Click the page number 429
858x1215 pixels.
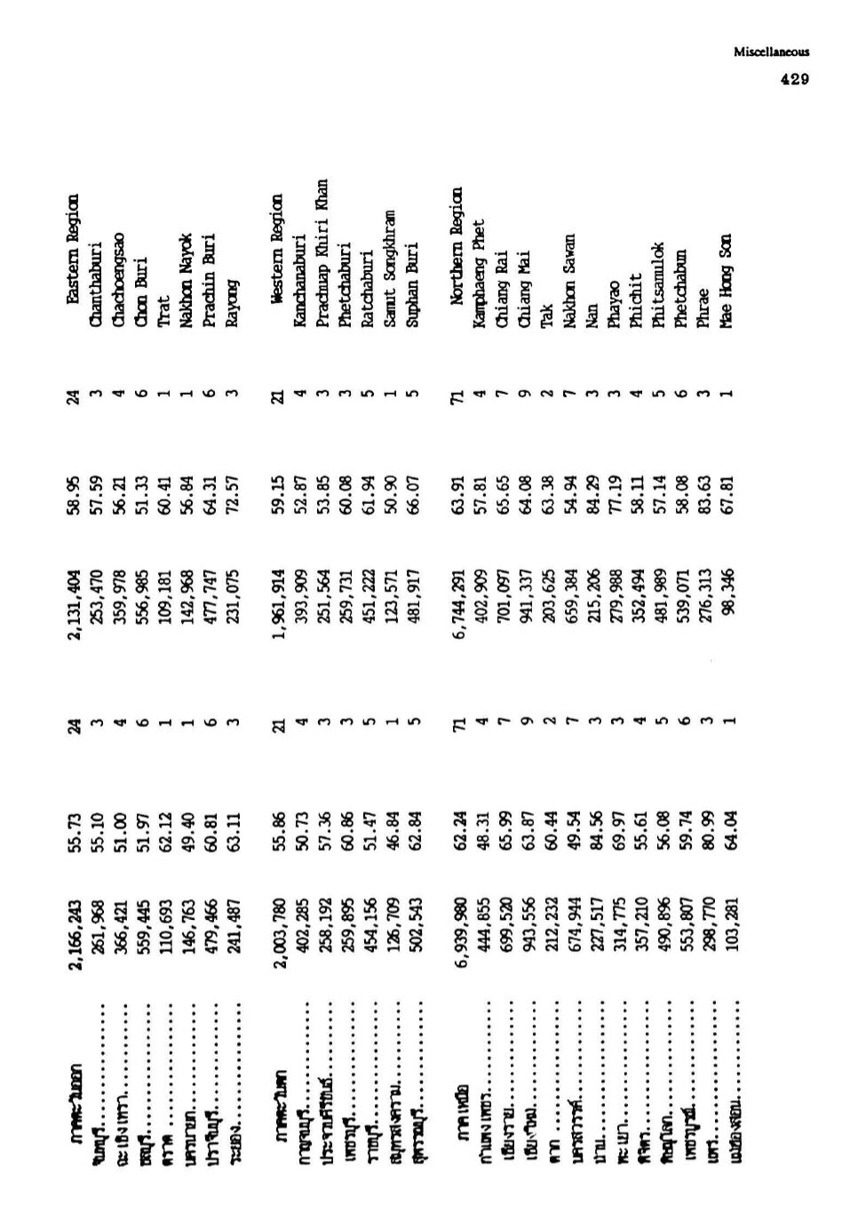[794, 79]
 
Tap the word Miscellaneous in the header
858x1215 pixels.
[771, 52]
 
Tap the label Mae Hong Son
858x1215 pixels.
[726, 271]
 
